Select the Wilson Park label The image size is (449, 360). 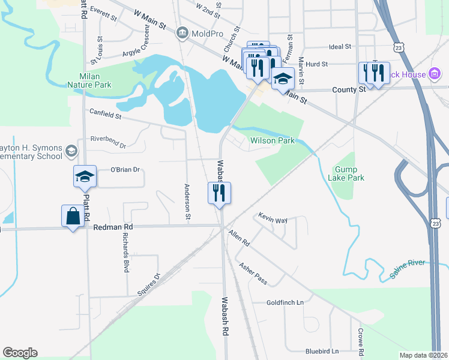[x=273, y=140]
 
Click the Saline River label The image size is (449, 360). [x=408, y=268]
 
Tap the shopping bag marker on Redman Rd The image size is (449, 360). [x=73, y=217]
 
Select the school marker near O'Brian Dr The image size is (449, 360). [x=85, y=177]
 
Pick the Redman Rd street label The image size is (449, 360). [x=113, y=227]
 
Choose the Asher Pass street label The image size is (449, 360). [x=252, y=274]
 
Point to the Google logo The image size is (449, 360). [x=20, y=353]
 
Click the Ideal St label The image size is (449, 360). [x=340, y=46]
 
